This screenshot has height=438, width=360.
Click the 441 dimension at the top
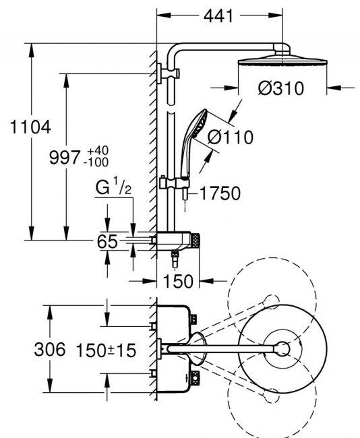218,16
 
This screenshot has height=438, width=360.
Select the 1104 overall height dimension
30,127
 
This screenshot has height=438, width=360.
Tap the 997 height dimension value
65,157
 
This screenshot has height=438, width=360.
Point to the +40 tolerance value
98,151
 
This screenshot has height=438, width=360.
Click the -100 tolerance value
96,162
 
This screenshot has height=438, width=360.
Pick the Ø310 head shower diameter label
281,88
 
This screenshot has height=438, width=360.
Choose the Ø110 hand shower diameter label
231,137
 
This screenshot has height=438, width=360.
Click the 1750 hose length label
220,193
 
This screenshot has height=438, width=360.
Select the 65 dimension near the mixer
107,241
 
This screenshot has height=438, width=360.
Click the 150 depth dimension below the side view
178,281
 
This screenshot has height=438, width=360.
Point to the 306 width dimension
50,349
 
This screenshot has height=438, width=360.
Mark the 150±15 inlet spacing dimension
106,350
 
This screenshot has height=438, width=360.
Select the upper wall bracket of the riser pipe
168,73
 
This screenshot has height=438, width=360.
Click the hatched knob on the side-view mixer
196,241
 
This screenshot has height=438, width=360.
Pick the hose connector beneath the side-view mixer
175,256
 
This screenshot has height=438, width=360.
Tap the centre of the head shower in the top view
283,348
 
